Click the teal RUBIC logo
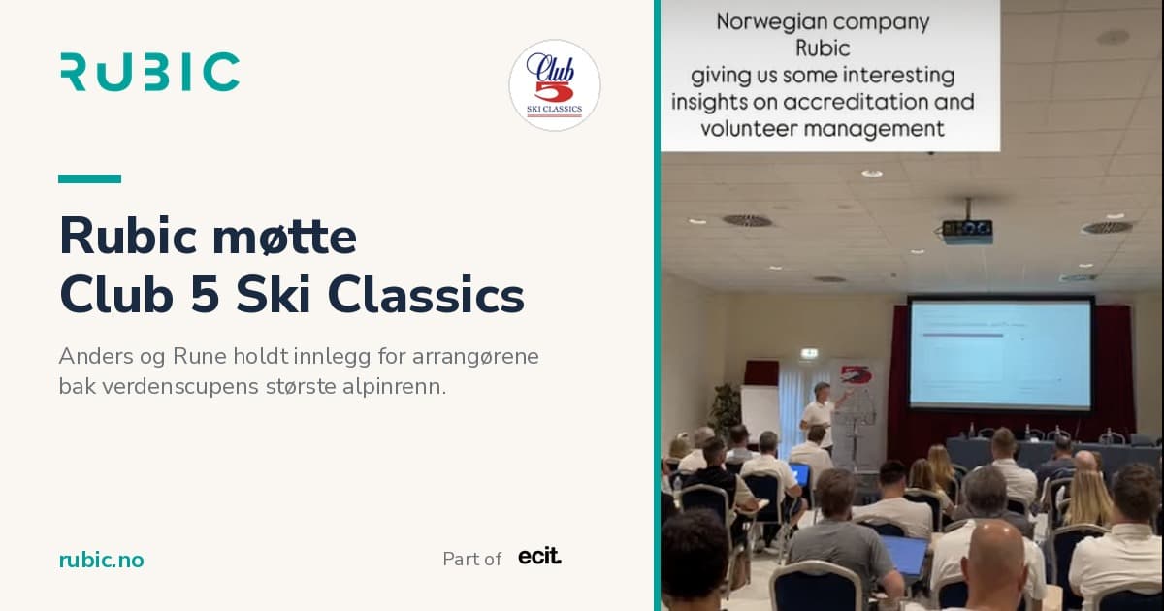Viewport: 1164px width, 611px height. point(150,72)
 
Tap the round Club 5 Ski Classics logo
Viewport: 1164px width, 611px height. point(555,85)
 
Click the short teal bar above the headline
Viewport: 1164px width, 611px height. point(90,178)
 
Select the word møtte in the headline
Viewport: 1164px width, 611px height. point(285,237)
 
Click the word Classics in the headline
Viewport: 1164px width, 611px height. point(426,295)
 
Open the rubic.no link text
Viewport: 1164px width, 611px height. point(101,561)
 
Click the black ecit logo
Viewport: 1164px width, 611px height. point(540,556)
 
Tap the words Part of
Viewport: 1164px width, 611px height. point(471,559)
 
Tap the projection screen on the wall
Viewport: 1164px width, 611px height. point(1001,353)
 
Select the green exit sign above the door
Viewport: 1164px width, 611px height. point(809,354)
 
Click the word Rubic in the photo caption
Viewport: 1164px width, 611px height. point(823,48)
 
